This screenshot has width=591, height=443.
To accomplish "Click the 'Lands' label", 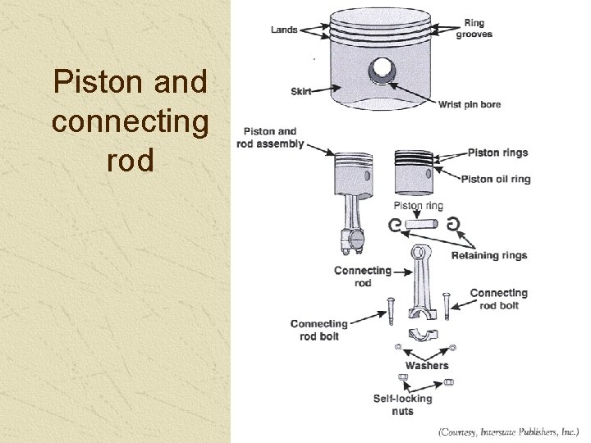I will coord(283,30).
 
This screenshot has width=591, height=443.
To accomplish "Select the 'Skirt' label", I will coord(300,91).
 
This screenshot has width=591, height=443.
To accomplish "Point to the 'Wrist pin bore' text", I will coord(469,104).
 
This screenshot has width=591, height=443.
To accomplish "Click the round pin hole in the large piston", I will coord(382,71).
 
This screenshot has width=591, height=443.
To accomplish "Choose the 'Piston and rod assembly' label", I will coord(270,138).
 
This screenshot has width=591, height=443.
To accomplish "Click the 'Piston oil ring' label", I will coord(495,179).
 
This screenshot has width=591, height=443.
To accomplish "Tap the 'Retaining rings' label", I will coord(488,255).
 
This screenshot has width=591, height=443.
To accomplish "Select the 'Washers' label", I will coord(427,365).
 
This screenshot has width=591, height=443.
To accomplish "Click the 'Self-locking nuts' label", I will coord(402,404).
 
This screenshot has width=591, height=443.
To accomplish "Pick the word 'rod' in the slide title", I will coord(130,160).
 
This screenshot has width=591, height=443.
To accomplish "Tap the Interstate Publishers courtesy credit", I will coord(508,431).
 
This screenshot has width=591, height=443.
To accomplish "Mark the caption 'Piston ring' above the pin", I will coord(418,206).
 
